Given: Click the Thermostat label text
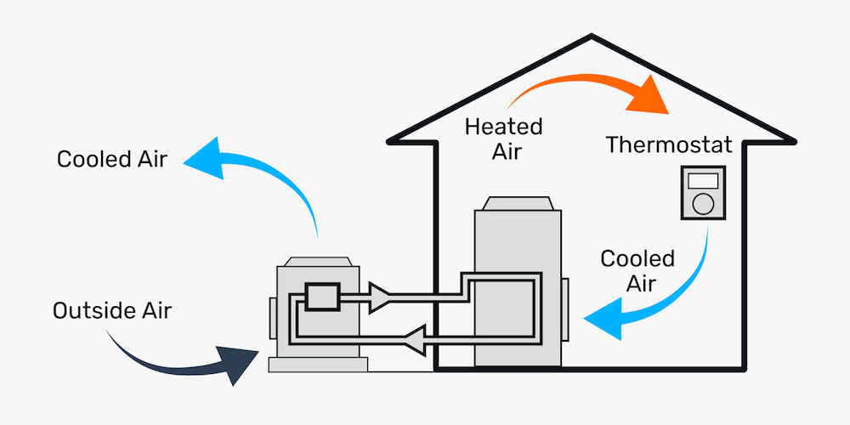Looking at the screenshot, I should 669,144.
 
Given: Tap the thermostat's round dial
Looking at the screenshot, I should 703,203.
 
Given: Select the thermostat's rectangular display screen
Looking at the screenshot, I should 703,181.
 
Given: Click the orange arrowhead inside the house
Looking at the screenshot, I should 648,98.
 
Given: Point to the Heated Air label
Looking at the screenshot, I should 503,139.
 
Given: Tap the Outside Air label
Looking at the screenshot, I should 112,310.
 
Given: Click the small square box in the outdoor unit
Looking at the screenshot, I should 322,296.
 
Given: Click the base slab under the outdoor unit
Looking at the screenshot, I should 318,364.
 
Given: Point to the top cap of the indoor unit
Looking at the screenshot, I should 518,205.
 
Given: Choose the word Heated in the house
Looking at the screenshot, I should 503,127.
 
